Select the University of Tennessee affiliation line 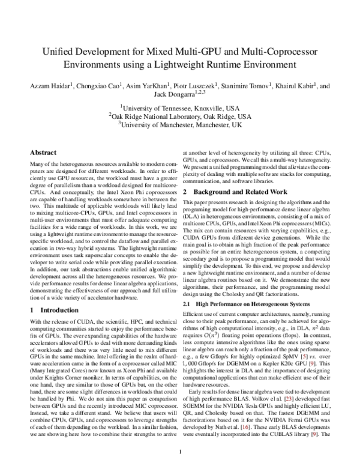tap(180, 107)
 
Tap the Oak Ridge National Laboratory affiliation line tap(180, 116)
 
